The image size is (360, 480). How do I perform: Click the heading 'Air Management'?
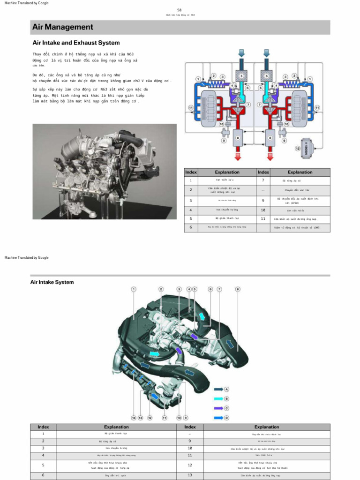(x=63, y=27)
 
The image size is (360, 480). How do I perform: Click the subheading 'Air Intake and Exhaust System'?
(x=76, y=43)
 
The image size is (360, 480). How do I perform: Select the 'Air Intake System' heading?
(x=52, y=282)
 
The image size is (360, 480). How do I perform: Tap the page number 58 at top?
(x=180, y=10)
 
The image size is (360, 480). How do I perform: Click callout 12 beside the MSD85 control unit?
(x=297, y=149)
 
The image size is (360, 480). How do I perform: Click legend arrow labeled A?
(x=219, y=389)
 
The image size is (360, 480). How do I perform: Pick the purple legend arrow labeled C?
(x=219, y=408)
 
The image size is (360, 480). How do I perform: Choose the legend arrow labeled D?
(x=219, y=417)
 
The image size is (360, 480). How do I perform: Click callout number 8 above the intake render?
(x=238, y=289)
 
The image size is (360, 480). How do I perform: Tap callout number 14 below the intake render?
(x=133, y=417)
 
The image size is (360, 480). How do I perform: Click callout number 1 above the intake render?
(x=134, y=289)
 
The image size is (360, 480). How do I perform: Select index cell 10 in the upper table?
(x=263, y=210)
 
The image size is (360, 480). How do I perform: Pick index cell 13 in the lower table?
(x=190, y=475)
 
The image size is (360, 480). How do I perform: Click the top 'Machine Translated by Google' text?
(x=26, y=3)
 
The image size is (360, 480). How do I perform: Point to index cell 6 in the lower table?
(x=43, y=475)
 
